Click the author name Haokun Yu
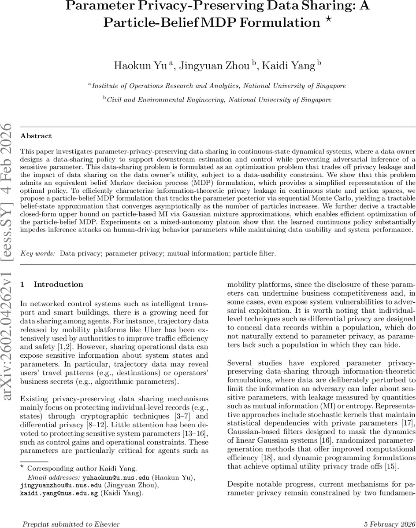pyautogui.click(x=140, y=66)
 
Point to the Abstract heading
pyautogui.click(x=36, y=136)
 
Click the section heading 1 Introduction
pyautogui.click(x=52, y=284)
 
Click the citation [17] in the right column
pyautogui.click(x=408, y=423)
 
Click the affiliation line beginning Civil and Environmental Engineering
pyautogui.click(x=219, y=100)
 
